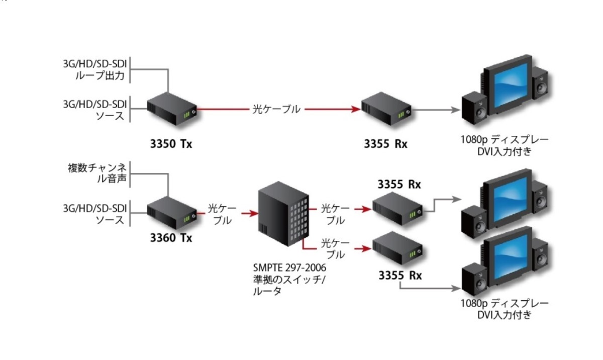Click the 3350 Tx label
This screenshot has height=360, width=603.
(171, 144)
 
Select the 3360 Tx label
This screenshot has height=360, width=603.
(171, 237)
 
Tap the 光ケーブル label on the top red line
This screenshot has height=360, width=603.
(276, 109)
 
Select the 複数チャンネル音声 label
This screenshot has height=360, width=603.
(98, 172)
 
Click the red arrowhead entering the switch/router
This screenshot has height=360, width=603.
(247, 214)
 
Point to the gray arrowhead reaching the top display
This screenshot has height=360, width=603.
(458, 109)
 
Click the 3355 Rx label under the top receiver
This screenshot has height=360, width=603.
(386, 144)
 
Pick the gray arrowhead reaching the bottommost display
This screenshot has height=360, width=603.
(458, 289)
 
